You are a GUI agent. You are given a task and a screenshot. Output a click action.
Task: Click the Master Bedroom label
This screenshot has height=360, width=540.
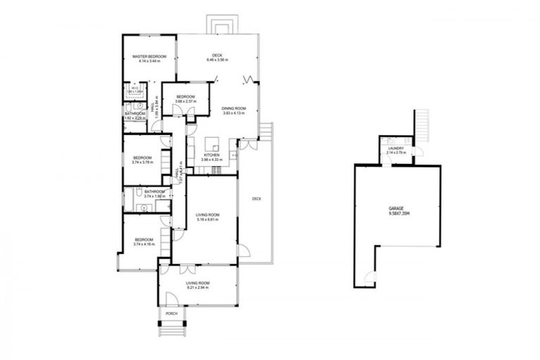click(x=149, y=56)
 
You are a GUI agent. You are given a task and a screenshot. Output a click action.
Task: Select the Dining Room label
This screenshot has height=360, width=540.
click(x=233, y=108)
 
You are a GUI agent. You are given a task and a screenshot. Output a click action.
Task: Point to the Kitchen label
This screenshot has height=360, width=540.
click(x=212, y=155)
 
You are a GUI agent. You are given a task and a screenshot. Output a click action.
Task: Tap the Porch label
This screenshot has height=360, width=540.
click(x=171, y=313)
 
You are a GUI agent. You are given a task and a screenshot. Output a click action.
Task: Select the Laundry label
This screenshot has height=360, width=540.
click(x=395, y=148)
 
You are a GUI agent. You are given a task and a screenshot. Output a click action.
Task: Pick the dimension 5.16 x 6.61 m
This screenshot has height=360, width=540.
click(x=208, y=219)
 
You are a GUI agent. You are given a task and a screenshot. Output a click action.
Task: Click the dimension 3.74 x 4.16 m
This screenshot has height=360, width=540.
click(x=143, y=245)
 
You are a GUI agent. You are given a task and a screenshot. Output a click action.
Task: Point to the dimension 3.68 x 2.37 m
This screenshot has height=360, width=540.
click(x=186, y=102)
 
